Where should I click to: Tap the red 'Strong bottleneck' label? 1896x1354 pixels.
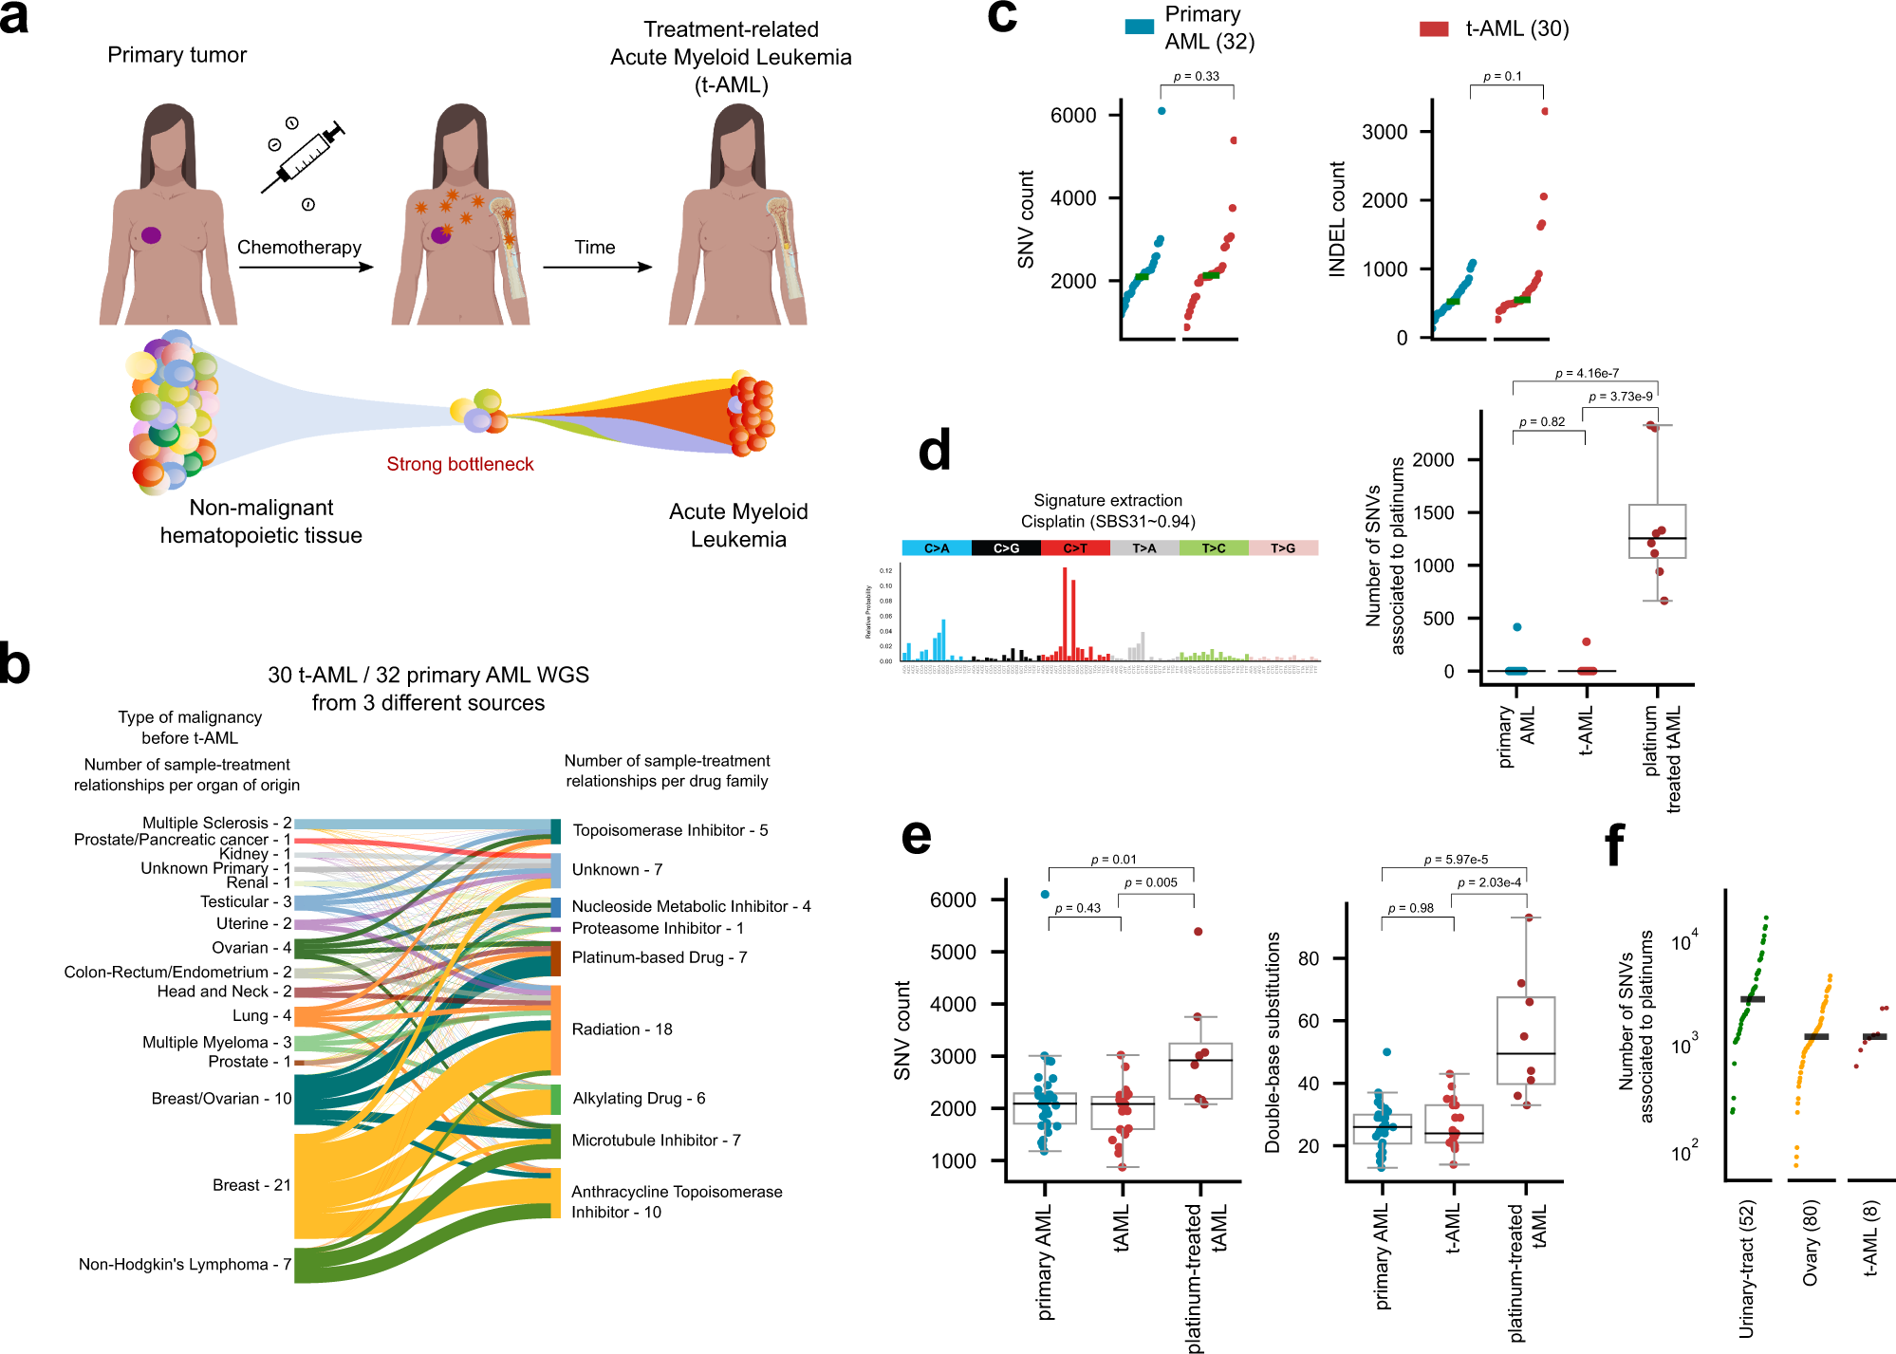tap(459, 464)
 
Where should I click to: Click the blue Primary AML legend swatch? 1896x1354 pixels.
tap(1139, 28)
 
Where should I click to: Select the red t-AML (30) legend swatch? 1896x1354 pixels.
tap(1433, 29)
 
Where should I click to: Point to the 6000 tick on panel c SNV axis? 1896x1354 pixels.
tap(1073, 116)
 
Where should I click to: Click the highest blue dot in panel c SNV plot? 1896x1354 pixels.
tap(1162, 111)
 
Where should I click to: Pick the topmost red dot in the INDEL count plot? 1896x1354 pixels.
tap(1545, 111)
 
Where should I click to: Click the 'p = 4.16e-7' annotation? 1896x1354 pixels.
tap(1587, 373)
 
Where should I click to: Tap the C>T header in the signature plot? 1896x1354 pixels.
tap(1075, 548)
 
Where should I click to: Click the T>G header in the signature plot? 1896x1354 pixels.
tap(1283, 548)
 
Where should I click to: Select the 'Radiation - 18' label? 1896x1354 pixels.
tap(622, 1029)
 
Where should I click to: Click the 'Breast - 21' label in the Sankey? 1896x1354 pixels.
tap(251, 1185)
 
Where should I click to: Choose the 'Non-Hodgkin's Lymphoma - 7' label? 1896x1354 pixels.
tap(184, 1264)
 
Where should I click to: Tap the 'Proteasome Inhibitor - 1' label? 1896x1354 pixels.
tap(657, 928)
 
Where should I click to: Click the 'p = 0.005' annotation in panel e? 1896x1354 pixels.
tap(1150, 882)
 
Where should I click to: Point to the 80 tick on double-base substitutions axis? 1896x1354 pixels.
tap(1309, 958)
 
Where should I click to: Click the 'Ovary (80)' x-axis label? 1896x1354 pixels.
tap(1811, 1243)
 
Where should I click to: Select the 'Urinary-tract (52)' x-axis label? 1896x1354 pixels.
tap(1747, 1269)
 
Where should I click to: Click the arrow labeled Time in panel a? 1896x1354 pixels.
tap(597, 267)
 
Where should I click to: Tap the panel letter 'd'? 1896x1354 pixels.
tap(935, 451)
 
